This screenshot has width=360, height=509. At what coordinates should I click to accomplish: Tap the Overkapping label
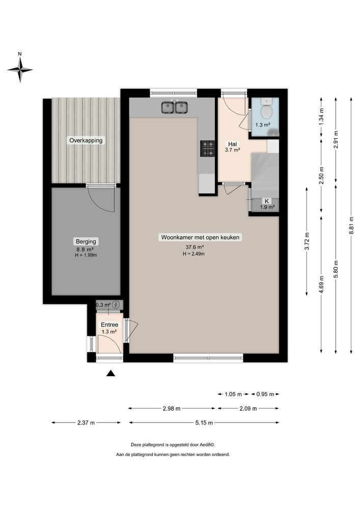[x=86, y=140]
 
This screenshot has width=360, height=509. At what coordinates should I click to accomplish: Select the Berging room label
[x=86, y=242]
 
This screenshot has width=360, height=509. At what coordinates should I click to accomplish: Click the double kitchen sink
[x=175, y=107]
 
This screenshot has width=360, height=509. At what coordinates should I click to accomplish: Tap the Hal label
[x=232, y=144]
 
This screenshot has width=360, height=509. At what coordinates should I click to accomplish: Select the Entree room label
[x=109, y=325]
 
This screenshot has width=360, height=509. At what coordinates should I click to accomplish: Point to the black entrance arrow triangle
[x=110, y=374]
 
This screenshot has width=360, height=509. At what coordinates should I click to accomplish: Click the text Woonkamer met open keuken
[x=200, y=237]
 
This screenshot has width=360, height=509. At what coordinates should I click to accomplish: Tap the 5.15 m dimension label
[x=204, y=422]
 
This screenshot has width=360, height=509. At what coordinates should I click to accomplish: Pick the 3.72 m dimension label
[x=307, y=241]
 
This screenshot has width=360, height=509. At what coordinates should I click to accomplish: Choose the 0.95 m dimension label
[x=265, y=394]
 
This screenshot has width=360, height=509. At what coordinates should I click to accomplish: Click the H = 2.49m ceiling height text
[x=193, y=254]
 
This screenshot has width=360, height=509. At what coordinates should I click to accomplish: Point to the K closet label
[x=267, y=201]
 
